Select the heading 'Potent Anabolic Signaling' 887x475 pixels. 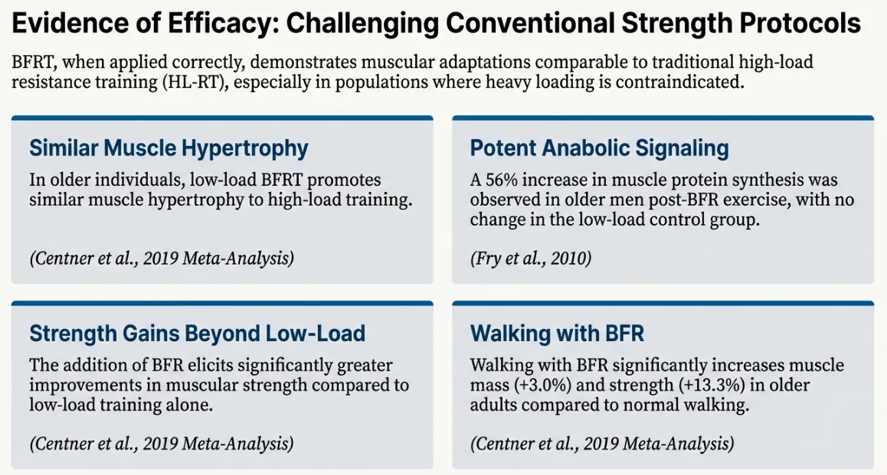point(599,148)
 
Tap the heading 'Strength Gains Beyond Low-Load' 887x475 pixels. point(197,333)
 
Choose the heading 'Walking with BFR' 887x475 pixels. point(557,333)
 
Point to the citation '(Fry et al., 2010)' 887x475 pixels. point(531,259)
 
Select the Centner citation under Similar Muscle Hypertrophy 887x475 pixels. point(162,259)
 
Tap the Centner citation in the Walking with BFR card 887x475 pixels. point(602,444)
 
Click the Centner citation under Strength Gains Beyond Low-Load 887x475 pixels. point(162,444)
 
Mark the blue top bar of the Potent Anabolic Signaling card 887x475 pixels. point(663,119)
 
